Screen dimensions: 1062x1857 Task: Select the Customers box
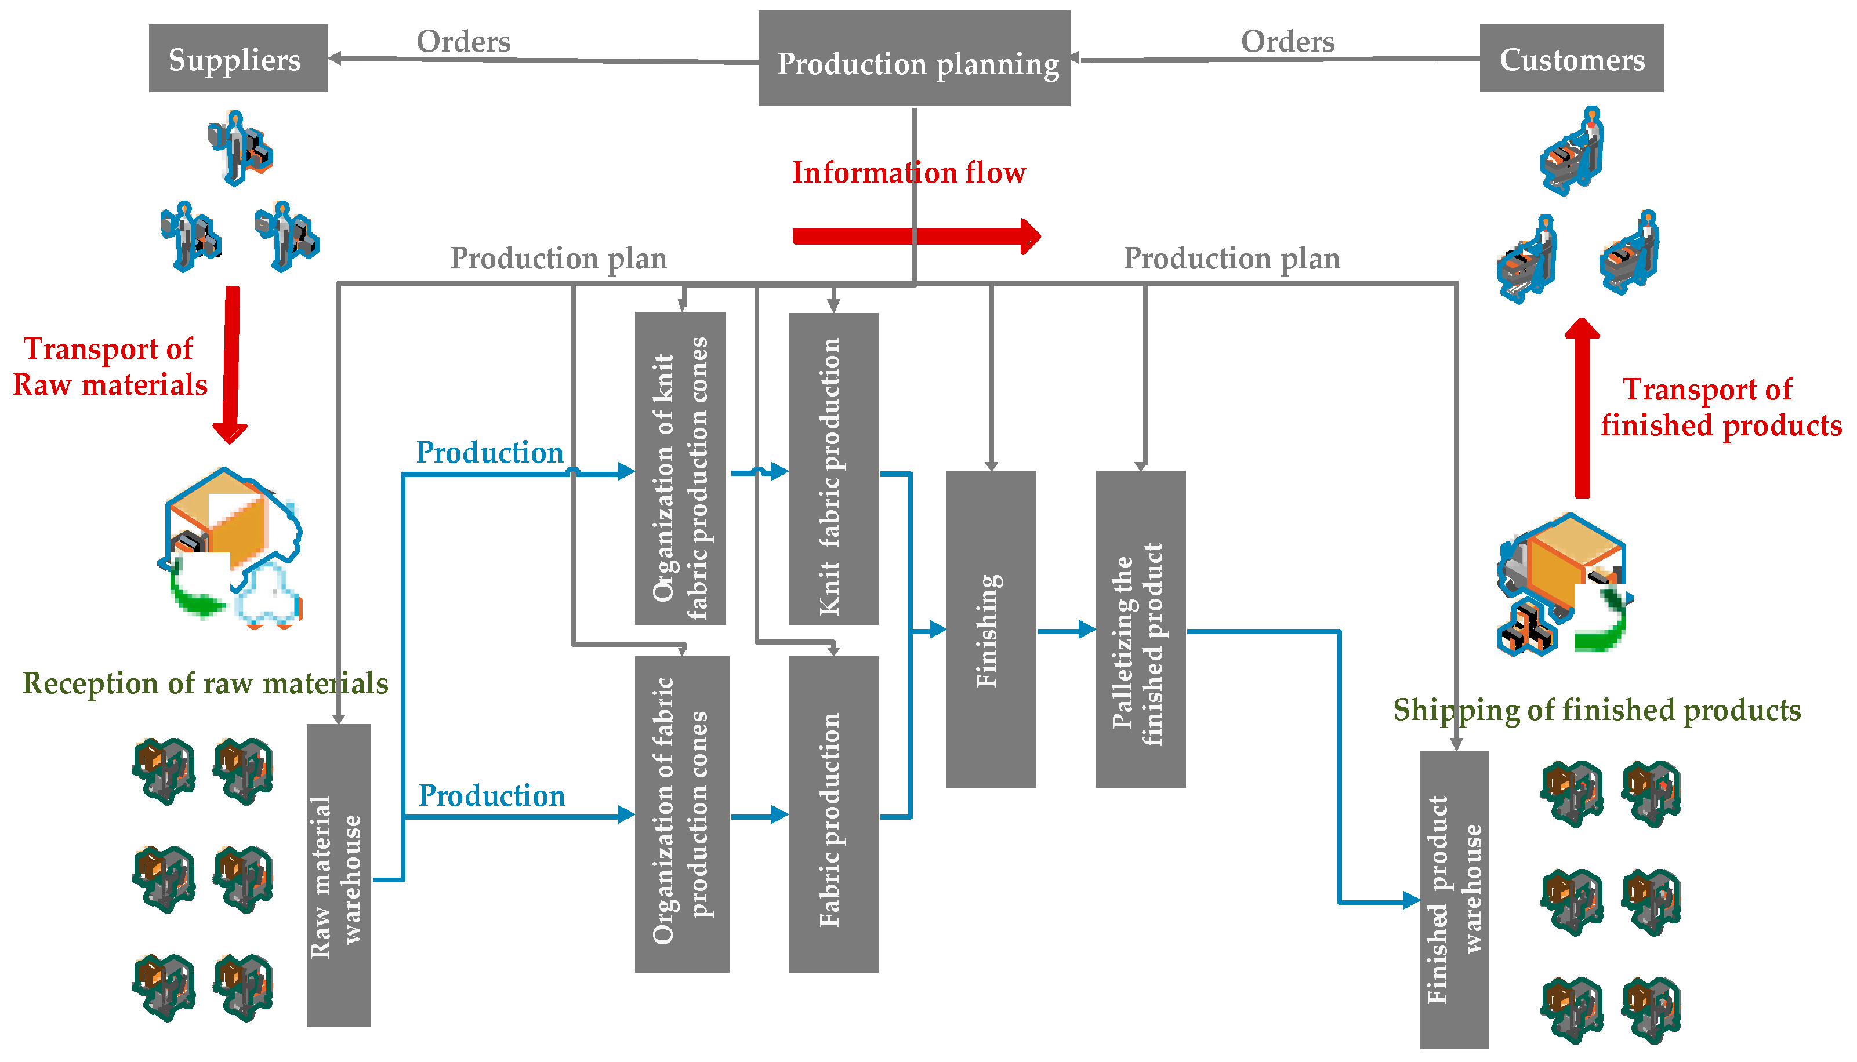pyautogui.click(x=1571, y=59)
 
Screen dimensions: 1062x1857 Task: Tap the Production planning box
pyautogui.click(x=913, y=59)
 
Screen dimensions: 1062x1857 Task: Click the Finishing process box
pyautogui.click(x=990, y=629)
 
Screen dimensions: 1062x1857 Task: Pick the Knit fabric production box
pyautogui.click(x=833, y=469)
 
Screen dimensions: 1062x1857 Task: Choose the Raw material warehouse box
pyautogui.click(x=339, y=875)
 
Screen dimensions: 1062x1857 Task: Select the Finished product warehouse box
pyautogui.click(x=1453, y=899)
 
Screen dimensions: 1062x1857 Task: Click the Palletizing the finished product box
pyautogui.click(x=1140, y=629)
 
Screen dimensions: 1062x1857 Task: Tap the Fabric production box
pyautogui.click(x=833, y=814)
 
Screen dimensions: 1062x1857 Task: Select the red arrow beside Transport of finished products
pyautogui.click(x=1581, y=409)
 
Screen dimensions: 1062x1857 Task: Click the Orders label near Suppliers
pyautogui.click(x=463, y=42)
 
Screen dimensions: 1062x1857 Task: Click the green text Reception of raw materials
pyautogui.click(x=205, y=683)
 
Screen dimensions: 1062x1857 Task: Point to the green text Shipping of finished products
pyautogui.click(x=1596, y=710)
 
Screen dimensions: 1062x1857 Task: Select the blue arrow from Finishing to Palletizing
pyautogui.click(x=1065, y=630)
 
